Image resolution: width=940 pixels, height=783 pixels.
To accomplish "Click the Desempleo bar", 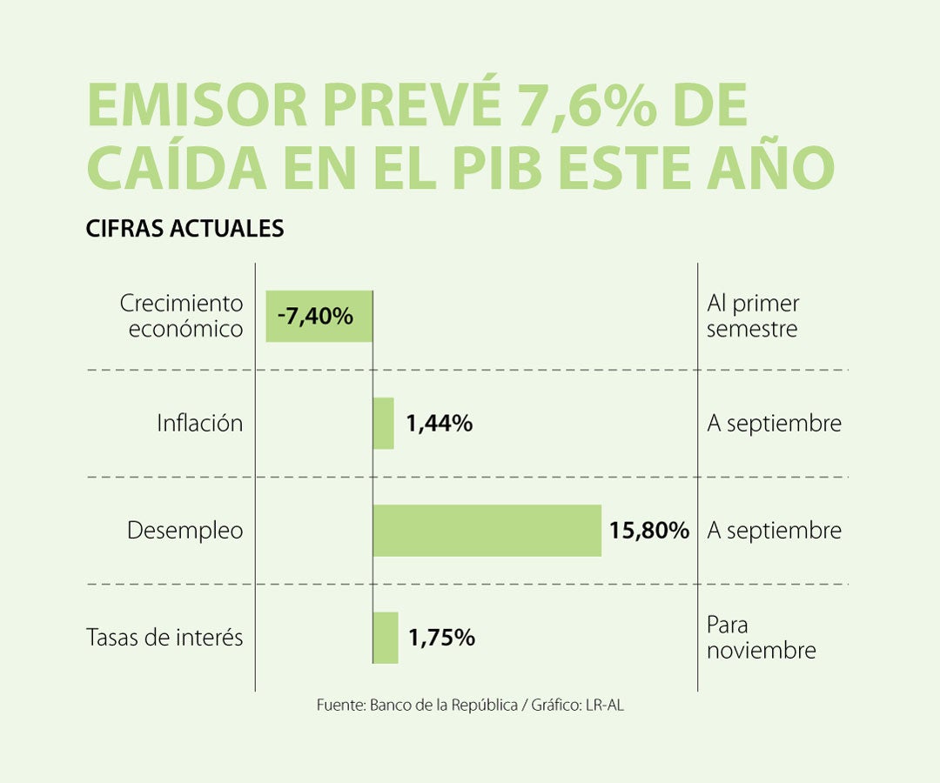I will point(487,530).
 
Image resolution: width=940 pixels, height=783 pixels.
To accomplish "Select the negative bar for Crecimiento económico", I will point(319,316).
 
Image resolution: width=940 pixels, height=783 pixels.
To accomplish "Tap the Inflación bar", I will point(383,424).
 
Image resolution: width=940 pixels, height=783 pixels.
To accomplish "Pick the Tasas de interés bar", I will point(386,638).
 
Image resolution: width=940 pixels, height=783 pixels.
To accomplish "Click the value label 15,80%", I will point(649,530).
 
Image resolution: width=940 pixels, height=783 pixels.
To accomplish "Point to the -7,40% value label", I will point(315,316).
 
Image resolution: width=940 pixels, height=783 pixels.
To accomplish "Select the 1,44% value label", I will point(440,424).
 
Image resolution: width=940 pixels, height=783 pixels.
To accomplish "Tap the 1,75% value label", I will point(441,638).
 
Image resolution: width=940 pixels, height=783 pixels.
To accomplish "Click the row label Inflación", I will point(199,424).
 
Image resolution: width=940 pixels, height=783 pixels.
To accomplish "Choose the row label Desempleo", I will point(185,530).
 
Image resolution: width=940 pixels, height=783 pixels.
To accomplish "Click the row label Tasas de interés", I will point(164,638).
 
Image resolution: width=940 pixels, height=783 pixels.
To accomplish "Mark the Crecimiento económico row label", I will point(182,316).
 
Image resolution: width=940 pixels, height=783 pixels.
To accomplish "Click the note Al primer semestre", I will point(753,316).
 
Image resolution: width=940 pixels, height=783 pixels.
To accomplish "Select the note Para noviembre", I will point(761,638).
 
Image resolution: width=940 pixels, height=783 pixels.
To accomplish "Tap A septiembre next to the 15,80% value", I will point(774,530).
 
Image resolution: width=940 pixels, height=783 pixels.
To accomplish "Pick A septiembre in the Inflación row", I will point(774,424).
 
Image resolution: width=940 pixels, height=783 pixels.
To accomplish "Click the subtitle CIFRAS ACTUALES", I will point(185,228).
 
